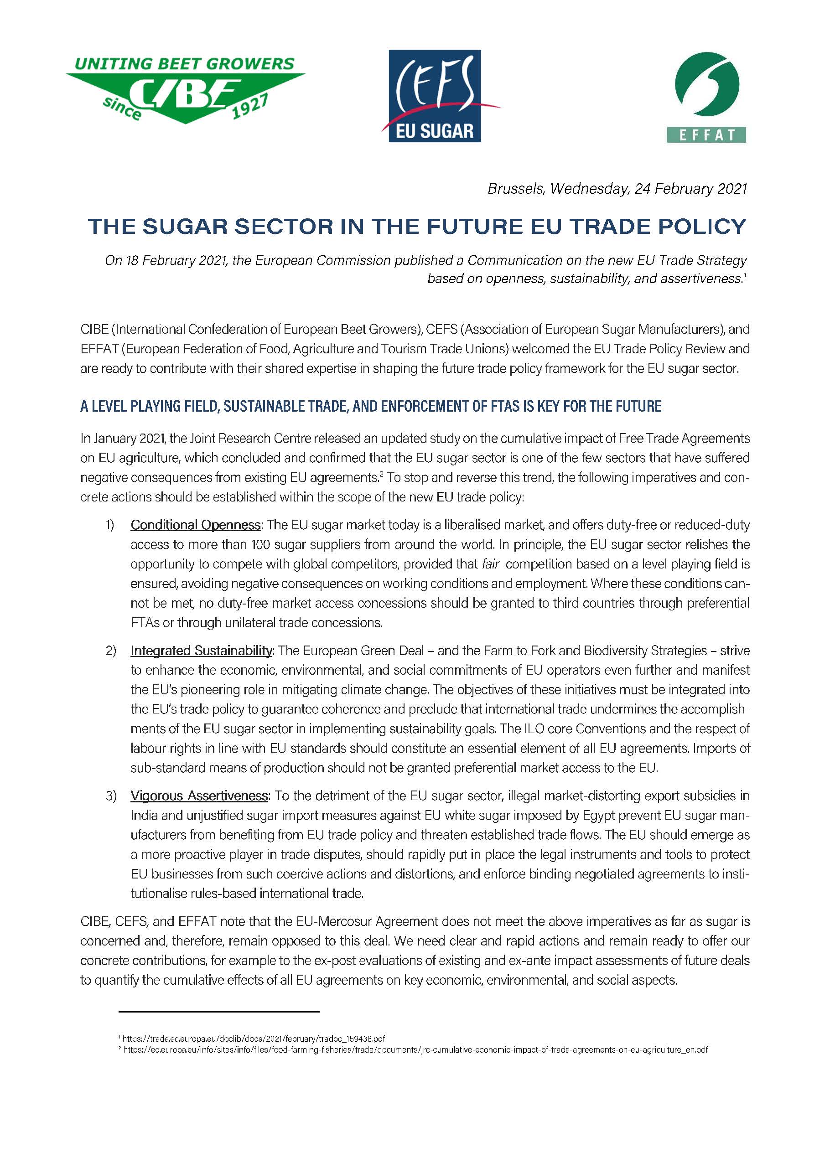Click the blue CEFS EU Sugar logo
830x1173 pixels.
point(435,96)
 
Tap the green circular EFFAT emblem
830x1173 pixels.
point(706,84)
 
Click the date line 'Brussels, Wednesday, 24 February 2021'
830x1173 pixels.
point(617,189)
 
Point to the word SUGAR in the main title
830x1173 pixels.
point(185,226)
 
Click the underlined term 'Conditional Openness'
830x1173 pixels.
point(196,525)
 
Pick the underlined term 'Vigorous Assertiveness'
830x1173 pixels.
point(199,796)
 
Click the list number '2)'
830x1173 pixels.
point(110,651)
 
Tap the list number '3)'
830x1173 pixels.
point(110,796)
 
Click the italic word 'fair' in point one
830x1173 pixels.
point(491,564)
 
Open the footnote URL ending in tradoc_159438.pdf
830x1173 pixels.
point(254,1039)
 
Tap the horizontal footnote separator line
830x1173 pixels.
point(219,1011)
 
